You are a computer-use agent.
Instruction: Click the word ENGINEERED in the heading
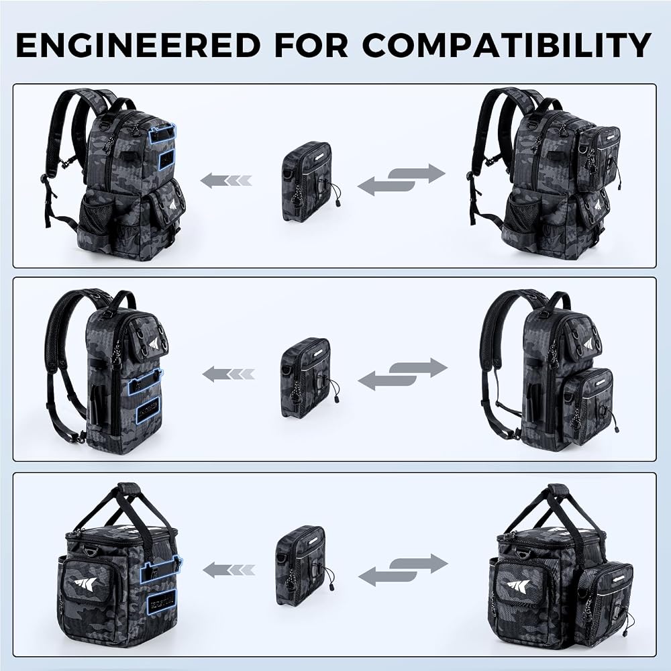(138, 45)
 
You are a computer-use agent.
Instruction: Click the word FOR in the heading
(311, 45)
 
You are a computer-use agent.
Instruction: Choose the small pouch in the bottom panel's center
(305, 566)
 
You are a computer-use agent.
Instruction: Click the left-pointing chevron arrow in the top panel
(226, 180)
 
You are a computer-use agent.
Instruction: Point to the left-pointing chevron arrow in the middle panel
(229, 374)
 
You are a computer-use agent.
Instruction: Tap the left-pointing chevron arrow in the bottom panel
(229, 570)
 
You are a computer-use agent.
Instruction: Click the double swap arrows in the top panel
(401, 180)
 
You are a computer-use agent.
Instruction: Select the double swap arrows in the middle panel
(403, 374)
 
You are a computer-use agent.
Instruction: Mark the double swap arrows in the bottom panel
(403, 570)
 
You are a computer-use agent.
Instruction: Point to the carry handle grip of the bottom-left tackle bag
(129, 488)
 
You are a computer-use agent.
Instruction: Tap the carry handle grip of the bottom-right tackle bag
(558, 490)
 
